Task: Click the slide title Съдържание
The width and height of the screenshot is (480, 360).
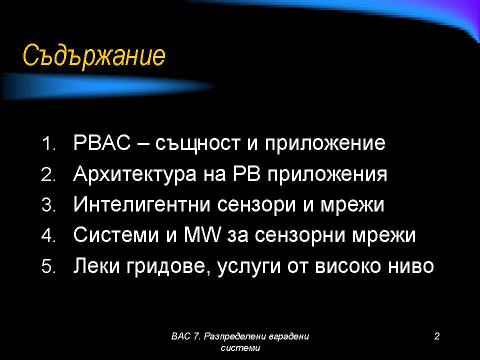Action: point(94,55)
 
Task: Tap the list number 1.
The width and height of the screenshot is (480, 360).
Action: point(48,144)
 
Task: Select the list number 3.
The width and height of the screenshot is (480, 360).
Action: point(48,205)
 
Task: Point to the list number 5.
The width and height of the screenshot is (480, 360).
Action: point(48,266)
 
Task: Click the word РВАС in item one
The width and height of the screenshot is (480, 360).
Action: point(102,142)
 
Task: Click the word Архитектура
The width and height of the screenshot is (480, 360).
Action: point(134,174)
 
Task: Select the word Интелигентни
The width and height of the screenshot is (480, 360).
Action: point(142,204)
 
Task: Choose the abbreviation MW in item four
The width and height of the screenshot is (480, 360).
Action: point(202,235)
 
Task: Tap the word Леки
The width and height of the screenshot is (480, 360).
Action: point(96,265)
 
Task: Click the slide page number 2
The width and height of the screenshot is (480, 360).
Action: point(437,336)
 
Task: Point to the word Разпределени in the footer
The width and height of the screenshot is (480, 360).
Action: point(235,336)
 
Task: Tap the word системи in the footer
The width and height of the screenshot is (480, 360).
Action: point(240,348)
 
